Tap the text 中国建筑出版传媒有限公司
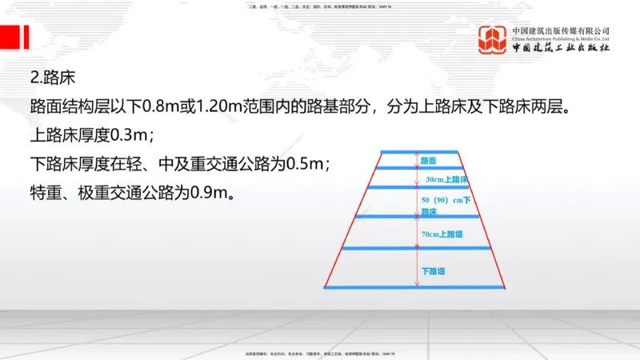coord(561,30)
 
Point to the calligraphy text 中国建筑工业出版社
coord(561,48)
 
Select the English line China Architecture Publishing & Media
coord(561,38)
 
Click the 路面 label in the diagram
coord(428,161)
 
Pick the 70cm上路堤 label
coord(442,234)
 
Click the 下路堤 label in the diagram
coord(433,271)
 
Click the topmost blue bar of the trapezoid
coord(418,151)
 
